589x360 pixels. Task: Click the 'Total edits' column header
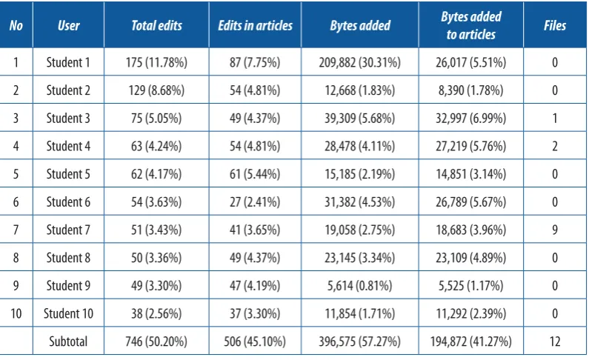point(156,25)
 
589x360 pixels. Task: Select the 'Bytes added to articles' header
point(471,25)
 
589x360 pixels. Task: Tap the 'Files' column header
point(555,25)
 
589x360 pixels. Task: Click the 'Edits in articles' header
point(255,25)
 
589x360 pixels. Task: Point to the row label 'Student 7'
point(68,230)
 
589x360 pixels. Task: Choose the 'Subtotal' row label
point(68,341)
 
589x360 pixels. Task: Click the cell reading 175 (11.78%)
point(156,62)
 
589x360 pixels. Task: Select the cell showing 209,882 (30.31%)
point(360,62)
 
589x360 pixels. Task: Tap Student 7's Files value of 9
point(555,230)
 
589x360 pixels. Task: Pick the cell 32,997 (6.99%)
point(471,119)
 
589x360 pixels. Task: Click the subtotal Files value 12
point(555,341)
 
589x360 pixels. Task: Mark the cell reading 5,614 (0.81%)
point(360,286)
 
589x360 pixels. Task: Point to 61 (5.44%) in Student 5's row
point(255,174)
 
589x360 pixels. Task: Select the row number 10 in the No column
point(16,313)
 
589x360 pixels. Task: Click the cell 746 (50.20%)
point(156,341)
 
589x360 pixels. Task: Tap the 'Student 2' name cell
point(68,90)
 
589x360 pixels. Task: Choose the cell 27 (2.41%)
point(255,202)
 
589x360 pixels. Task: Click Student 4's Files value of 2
point(555,146)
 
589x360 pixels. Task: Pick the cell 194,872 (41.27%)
point(471,341)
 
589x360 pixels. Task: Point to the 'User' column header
point(68,25)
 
